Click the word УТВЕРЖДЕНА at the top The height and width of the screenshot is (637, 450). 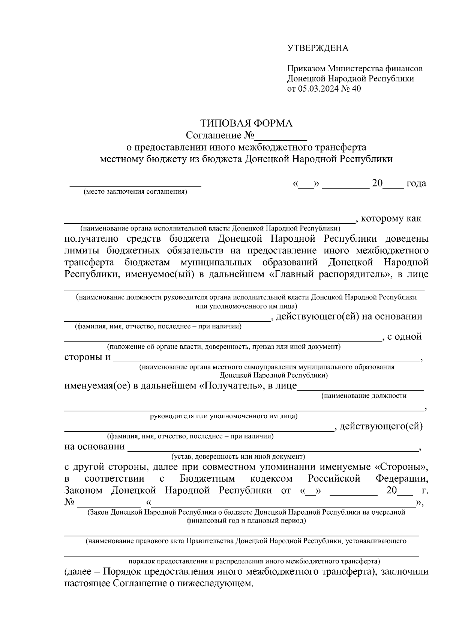318,48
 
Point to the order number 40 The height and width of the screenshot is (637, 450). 356,89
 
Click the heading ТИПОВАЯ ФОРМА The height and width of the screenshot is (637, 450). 246,123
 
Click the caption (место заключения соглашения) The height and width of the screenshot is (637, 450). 135,192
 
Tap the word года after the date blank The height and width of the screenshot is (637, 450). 416,184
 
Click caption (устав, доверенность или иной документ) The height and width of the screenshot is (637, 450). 238,457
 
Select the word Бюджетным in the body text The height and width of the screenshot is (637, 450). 207,479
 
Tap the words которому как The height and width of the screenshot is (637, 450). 391,218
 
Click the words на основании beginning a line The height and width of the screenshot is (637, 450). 95,447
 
